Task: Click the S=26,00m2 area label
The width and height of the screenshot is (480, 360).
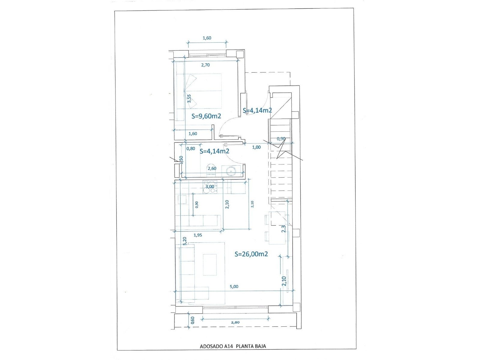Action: pyautogui.click(x=251, y=254)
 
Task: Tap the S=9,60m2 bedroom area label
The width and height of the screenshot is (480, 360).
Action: pyautogui.click(x=206, y=116)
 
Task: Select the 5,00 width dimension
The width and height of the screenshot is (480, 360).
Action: pyautogui.click(x=234, y=286)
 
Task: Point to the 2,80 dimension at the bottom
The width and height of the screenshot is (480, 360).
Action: pyautogui.click(x=235, y=322)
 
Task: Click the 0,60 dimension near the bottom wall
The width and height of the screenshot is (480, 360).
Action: pyautogui.click(x=193, y=320)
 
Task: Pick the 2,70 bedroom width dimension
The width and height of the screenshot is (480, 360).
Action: pyautogui.click(x=205, y=65)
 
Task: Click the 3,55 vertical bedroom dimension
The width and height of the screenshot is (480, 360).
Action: pyautogui.click(x=189, y=98)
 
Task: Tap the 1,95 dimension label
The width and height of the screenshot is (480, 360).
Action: pyautogui.click(x=198, y=235)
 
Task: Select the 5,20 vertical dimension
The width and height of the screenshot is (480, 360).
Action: pyautogui.click(x=184, y=241)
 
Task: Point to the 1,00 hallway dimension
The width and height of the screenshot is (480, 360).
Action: pyautogui.click(x=256, y=147)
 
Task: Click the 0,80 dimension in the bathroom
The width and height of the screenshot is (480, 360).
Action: pyautogui.click(x=191, y=148)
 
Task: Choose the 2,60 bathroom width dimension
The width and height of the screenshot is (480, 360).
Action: pyautogui.click(x=212, y=168)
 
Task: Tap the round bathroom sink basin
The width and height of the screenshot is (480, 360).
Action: pyautogui.click(x=230, y=171)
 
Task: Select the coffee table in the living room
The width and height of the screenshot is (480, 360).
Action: pyautogui.click(x=210, y=265)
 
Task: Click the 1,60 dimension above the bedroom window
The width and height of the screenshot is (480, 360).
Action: pyautogui.click(x=207, y=38)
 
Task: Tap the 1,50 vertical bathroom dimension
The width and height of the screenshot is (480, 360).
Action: pyautogui.click(x=181, y=160)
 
